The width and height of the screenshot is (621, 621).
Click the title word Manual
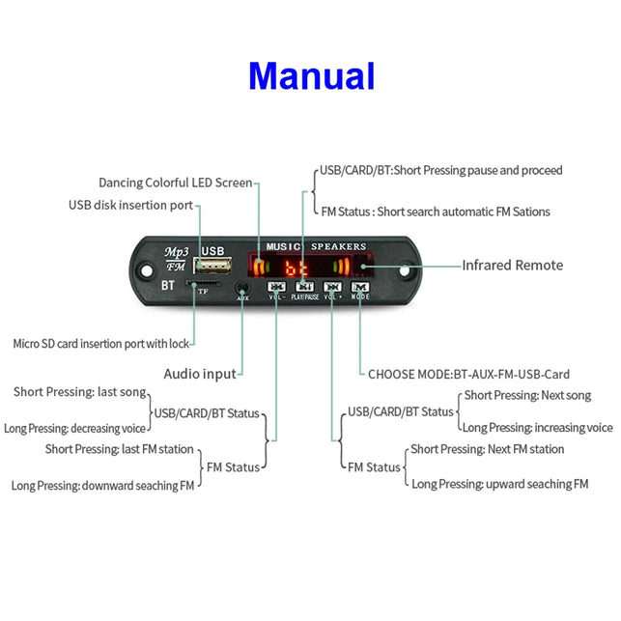pyautogui.click(x=311, y=75)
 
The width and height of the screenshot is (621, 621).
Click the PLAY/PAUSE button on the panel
pyautogui.click(x=304, y=287)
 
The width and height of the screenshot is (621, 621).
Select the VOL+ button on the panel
pyautogui.click(x=332, y=287)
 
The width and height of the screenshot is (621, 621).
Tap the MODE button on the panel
pyautogui.click(x=360, y=287)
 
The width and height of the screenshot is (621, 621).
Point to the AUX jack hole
pyautogui.click(x=242, y=286)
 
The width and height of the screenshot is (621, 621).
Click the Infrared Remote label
pyautogui.click(x=512, y=265)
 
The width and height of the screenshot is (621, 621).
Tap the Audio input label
pyautogui.click(x=200, y=374)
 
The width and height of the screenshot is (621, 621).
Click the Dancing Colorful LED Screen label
pyautogui.click(x=175, y=183)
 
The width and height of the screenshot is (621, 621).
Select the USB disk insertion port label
pyautogui.click(x=130, y=205)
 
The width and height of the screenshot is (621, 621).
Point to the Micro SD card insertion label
pyautogui.click(x=101, y=343)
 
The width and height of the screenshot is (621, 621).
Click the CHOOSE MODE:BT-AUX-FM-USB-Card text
pyautogui.click(x=468, y=374)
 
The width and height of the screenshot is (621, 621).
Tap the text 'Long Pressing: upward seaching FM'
pyautogui.click(x=499, y=483)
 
